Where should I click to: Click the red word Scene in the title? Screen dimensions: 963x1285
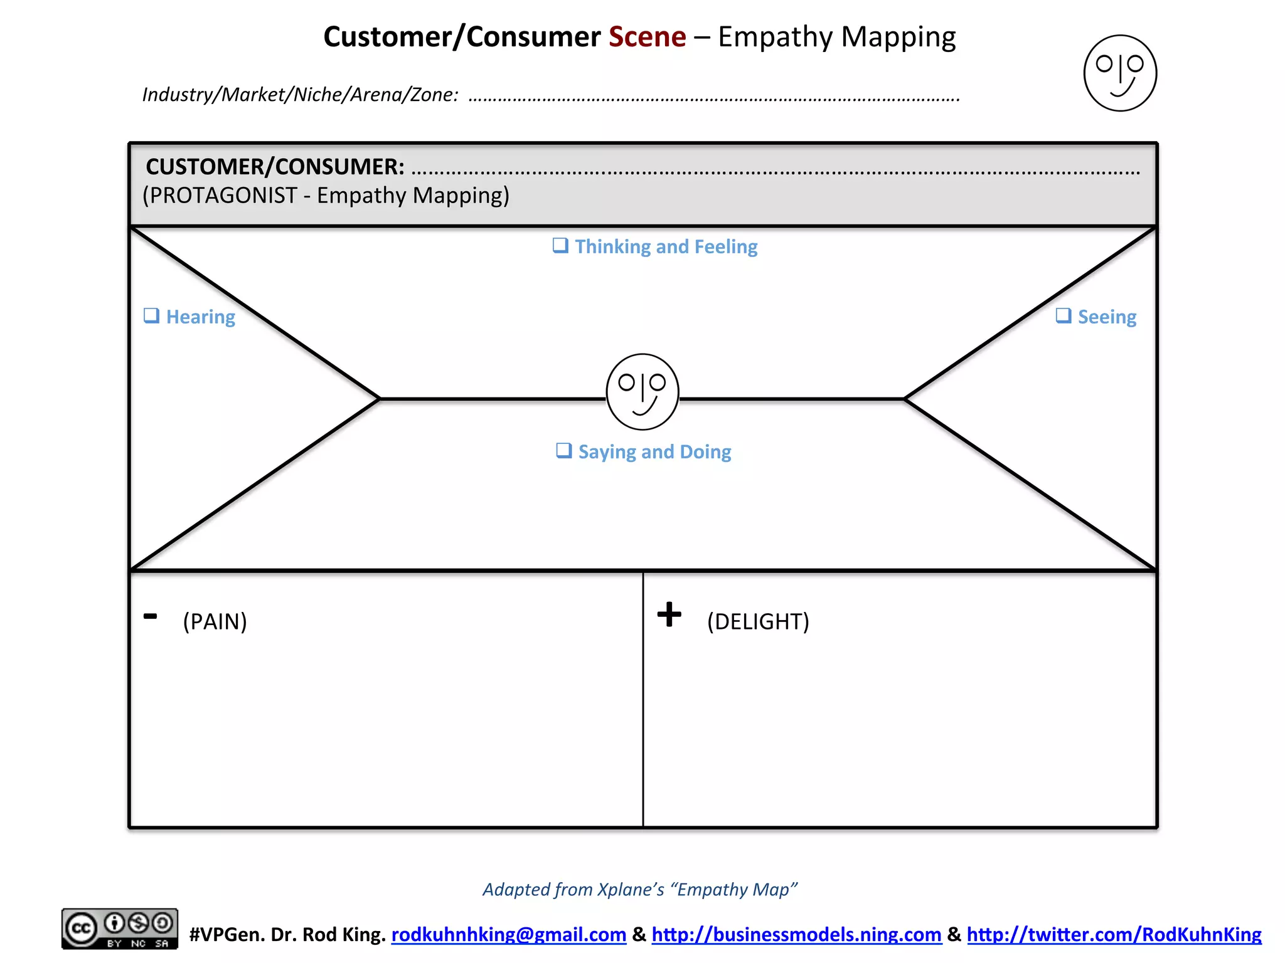pos(647,37)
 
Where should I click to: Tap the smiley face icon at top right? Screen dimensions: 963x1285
pos(1120,73)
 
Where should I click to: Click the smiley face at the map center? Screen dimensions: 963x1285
pos(642,392)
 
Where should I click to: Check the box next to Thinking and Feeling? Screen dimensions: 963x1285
pos(560,245)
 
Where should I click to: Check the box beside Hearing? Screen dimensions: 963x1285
pos(151,315)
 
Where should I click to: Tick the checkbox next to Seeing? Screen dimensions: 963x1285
pos(1063,315)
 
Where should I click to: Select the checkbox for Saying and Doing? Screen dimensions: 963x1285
pos(564,451)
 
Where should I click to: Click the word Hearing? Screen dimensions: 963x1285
pos(200,317)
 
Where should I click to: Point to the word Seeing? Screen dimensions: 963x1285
pos(1107,317)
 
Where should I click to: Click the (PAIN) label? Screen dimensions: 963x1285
pos(215,621)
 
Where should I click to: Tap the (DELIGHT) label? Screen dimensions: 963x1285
pos(758,621)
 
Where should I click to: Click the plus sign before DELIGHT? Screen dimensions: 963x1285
pos(669,614)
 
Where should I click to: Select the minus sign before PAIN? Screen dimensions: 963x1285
pos(150,616)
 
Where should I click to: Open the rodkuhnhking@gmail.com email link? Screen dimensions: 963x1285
pos(508,934)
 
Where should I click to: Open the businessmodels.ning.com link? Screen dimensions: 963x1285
pos(796,934)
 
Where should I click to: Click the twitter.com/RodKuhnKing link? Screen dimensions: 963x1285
pos(1114,934)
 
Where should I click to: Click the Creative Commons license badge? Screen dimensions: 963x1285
pos(119,928)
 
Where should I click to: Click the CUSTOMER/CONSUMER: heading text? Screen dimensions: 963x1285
pos(275,167)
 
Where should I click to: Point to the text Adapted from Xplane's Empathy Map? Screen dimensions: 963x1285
pos(639,889)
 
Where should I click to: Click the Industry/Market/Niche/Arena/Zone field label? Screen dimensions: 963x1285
pos(300,95)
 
